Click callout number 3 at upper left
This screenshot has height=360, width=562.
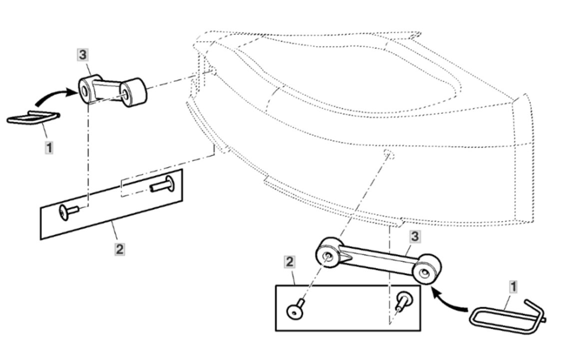(x=82, y=55)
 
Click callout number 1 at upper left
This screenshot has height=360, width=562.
(x=49, y=147)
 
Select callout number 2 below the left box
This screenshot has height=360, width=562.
(x=120, y=249)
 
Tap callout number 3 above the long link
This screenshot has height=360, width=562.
(x=415, y=236)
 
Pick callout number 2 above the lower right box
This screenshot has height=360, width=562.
(x=289, y=262)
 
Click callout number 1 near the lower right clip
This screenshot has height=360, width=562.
(x=513, y=287)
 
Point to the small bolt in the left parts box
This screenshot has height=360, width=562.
(x=69, y=212)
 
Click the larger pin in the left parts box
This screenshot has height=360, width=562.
(x=163, y=184)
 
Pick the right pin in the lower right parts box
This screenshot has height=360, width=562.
(x=404, y=300)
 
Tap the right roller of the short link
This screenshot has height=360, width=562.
(x=133, y=92)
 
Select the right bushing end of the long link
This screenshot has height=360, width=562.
(x=427, y=269)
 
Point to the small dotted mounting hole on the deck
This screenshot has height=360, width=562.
(x=389, y=154)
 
